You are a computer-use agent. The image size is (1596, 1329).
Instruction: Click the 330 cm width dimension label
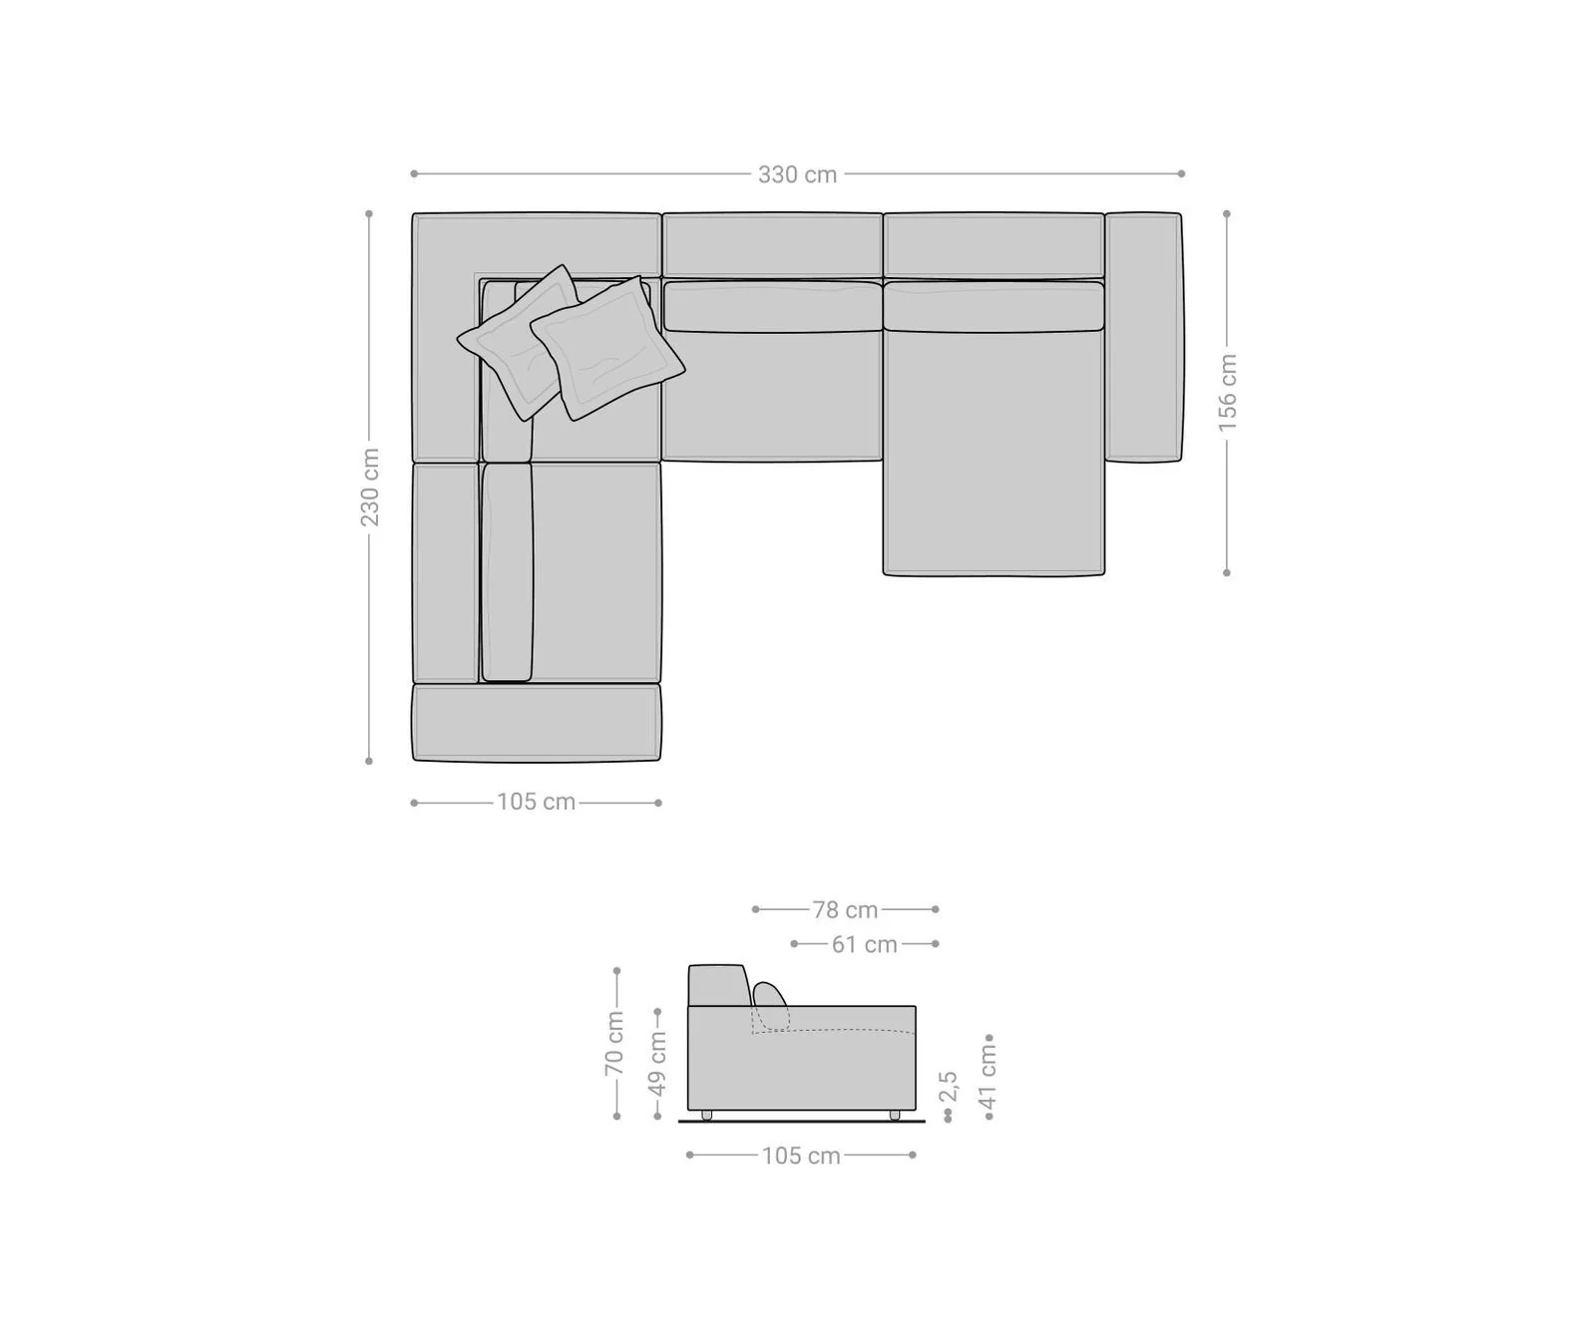pos(797,174)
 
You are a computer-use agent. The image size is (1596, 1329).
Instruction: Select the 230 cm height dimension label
pos(370,487)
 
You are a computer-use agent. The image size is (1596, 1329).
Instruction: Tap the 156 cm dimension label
pos(1227,392)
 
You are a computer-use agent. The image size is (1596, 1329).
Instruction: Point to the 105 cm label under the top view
pos(537,802)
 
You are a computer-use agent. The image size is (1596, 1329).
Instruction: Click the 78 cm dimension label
pos(845,909)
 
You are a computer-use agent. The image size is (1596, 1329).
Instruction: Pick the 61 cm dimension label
pos(865,944)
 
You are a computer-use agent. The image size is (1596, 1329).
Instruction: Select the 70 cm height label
pos(614,1043)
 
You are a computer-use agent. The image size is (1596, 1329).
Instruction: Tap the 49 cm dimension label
pos(658,1063)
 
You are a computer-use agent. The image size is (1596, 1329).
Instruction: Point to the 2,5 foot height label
pos(948,1087)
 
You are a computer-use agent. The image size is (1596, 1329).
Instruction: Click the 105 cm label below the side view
pos(801,1156)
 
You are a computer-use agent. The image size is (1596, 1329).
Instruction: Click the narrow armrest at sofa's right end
pos(1143,337)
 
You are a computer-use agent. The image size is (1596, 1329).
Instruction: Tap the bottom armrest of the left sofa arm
pos(537,722)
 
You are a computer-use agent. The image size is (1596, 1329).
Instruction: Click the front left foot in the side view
pos(707,1115)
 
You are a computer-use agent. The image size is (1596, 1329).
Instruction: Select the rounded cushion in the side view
pos(769,995)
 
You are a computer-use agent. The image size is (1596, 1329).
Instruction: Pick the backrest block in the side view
pos(717,986)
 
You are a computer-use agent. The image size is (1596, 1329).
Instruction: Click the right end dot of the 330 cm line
pos(1182,173)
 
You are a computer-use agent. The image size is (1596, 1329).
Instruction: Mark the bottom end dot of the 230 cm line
pos(369,761)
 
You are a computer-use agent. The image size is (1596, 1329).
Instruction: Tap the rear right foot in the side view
pos(894,1115)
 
